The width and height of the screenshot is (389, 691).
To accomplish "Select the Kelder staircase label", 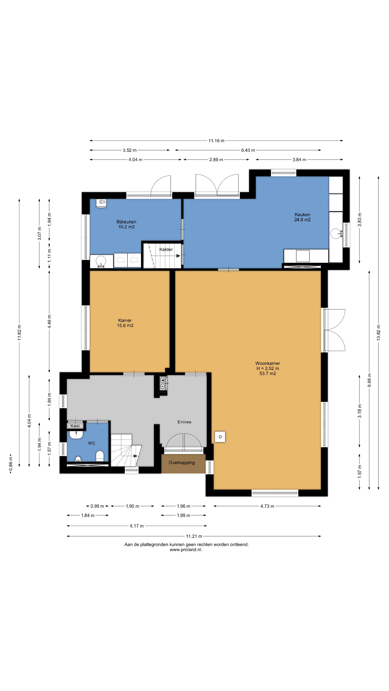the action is click(166, 249).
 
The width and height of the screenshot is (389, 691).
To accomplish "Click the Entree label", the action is click(184, 422).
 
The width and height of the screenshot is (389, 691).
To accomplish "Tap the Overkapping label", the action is click(182, 462).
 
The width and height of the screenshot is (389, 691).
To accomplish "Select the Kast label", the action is click(75, 426).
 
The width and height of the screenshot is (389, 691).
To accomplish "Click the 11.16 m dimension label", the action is click(216, 141).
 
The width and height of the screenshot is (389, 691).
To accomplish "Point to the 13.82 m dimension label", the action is click(379, 333).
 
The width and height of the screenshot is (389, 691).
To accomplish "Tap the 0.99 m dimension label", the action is click(97, 506).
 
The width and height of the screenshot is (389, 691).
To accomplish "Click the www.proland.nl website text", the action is click(186, 550).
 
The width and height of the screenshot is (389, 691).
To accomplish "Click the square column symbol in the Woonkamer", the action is click(220, 437).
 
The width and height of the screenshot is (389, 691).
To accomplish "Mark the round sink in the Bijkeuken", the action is click(101, 261).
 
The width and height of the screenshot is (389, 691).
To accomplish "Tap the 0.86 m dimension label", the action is click(11, 464).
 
